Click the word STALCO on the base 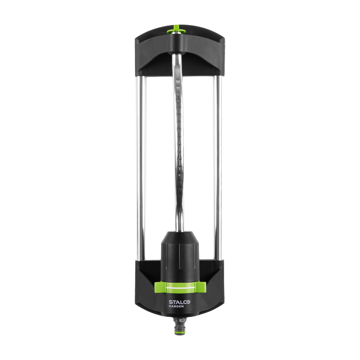180,302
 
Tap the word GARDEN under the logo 176,306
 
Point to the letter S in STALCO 171,302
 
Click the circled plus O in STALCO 188,302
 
